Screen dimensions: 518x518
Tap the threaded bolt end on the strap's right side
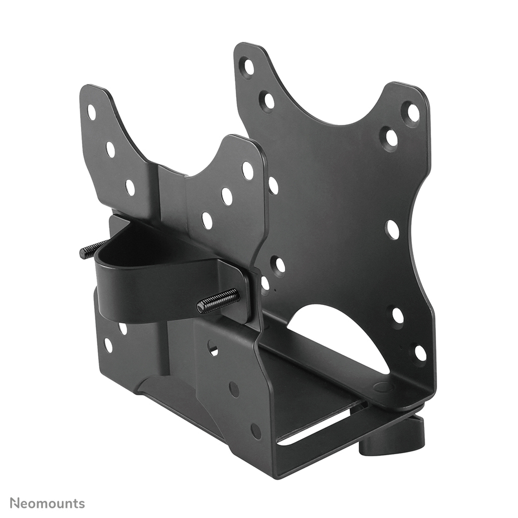click(x=219, y=301)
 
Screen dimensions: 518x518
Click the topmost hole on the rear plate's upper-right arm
click(x=412, y=112)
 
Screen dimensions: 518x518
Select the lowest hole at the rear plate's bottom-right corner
click(x=420, y=353)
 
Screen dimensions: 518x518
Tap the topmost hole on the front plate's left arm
click(x=91, y=112)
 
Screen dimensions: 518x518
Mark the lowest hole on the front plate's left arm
click(x=130, y=188)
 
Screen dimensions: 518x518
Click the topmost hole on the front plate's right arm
click(x=247, y=170)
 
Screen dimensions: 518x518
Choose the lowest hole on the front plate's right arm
click(x=207, y=221)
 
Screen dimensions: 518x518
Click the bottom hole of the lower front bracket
click(x=256, y=430)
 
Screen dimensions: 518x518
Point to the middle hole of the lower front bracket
click(x=234, y=389)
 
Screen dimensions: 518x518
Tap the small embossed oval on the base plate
click(x=383, y=387)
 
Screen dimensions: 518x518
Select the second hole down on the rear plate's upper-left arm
click(x=268, y=101)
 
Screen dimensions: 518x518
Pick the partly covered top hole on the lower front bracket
click(x=212, y=348)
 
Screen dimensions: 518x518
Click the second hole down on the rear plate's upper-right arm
click(x=391, y=138)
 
